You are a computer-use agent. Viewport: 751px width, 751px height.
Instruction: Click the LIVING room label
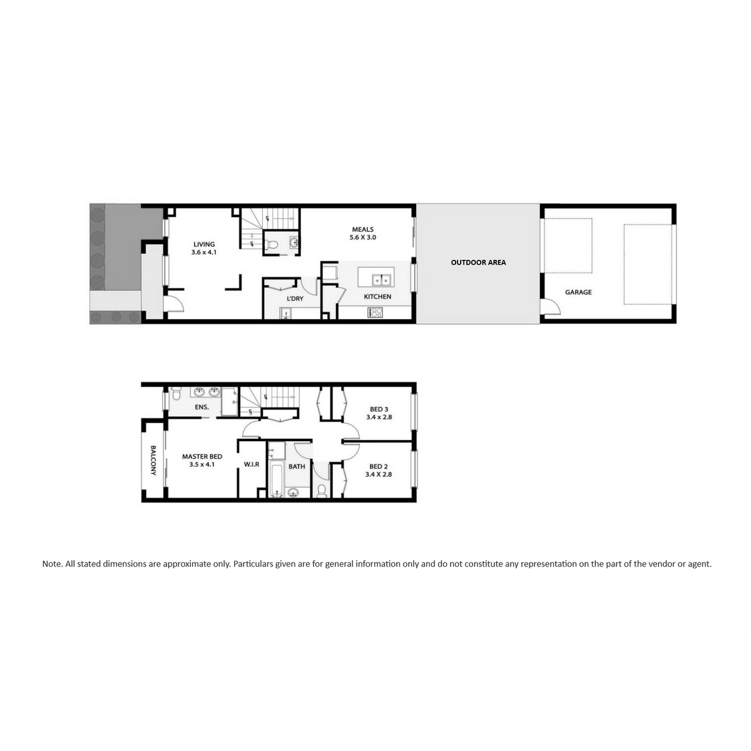pyautogui.click(x=204, y=244)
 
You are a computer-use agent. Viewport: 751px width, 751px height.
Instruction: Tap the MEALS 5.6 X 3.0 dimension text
pyautogui.click(x=363, y=237)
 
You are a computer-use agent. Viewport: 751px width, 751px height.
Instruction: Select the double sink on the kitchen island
pyautogui.click(x=381, y=280)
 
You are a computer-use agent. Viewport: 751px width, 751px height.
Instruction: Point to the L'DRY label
pyautogui.click(x=295, y=299)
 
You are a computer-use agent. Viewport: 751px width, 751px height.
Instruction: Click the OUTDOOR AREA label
pyautogui.click(x=478, y=263)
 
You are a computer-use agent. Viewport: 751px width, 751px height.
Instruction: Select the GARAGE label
pyautogui.click(x=578, y=292)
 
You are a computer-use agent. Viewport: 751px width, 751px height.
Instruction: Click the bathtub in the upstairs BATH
pyautogui.click(x=277, y=479)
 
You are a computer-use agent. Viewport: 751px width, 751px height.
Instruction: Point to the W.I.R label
pyautogui.click(x=252, y=464)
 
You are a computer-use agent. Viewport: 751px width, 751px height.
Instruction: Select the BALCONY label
pyautogui.click(x=153, y=460)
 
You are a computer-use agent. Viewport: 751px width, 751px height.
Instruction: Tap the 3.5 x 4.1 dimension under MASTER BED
pyautogui.click(x=202, y=464)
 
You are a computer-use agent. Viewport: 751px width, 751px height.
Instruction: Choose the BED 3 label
pyautogui.click(x=379, y=409)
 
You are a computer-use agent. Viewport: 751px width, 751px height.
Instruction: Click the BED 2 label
pyautogui.click(x=379, y=466)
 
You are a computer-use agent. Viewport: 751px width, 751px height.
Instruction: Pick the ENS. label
pyautogui.click(x=202, y=407)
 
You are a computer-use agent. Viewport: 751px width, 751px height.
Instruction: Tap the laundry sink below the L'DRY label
pyautogui.click(x=286, y=314)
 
